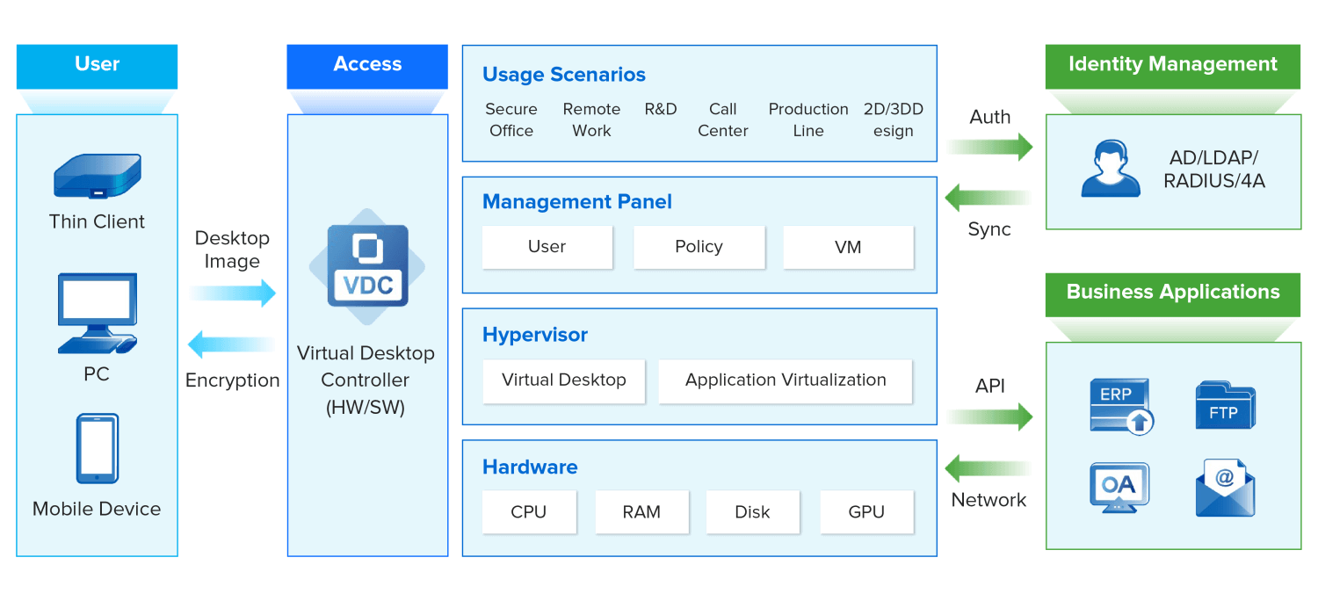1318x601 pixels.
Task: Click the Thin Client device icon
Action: pyautogui.click(x=97, y=177)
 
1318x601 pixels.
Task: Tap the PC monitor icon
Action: pyautogui.click(x=97, y=313)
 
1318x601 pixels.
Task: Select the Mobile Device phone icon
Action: pyautogui.click(x=97, y=448)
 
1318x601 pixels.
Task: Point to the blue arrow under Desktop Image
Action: pyautogui.click(x=233, y=293)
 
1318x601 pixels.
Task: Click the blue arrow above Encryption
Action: pyautogui.click(x=233, y=344)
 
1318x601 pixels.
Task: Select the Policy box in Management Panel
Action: pyautogui.click(x=699, y=247)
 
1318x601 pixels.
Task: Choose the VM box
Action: pyautogui.click(x=848, y=247)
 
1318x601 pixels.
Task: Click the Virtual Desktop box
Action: pyautogui.click(x=563, y=380)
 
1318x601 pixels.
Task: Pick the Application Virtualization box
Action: pyautogui.click(x=786, y=380)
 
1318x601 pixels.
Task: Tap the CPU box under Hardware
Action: pyautogui.click(x=529, y=512)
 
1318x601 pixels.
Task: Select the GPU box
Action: pyautogui.click(x=866, y=512)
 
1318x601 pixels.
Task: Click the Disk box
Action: pyautogui.click(x=752, y=512)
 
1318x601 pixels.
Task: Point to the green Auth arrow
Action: pyautogui.click(x=989, y=147)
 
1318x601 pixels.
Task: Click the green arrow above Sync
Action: pyautogui.click(x=989, y=198)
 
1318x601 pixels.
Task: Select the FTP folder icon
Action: pyautogui.click(x=1225, y=406)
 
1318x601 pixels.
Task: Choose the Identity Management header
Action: pyautogui.click(x=1172, y=65)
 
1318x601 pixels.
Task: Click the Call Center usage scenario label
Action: pyautogui.click(x=722, y=120)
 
